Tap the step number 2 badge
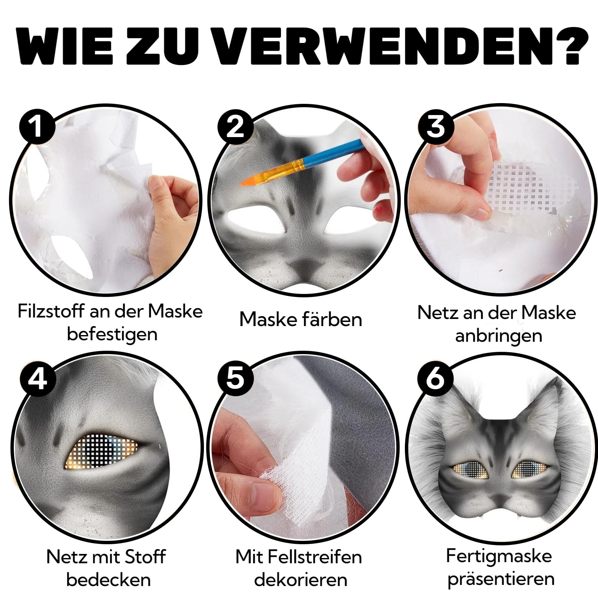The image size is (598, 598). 235,126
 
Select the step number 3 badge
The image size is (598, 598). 436,126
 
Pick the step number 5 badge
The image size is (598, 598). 235,378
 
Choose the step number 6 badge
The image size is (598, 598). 436,378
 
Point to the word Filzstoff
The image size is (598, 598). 51,311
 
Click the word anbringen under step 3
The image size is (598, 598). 499,336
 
